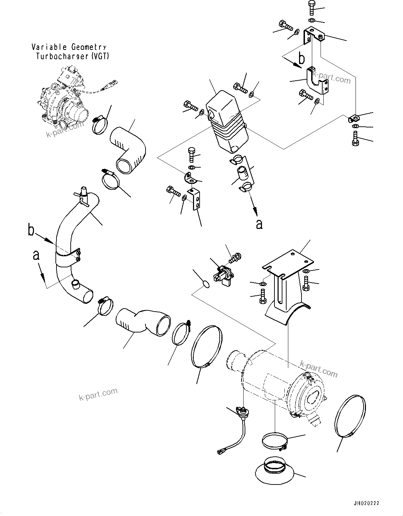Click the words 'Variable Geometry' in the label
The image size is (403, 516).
69,47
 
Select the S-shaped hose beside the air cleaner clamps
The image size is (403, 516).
142,322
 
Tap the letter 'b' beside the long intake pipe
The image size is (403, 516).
31,230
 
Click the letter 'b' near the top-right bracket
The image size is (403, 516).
302,59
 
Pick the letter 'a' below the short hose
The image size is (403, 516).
259,224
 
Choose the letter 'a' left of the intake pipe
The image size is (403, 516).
36,256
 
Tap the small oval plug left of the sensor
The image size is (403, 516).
205,284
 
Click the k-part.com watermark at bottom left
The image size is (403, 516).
98,394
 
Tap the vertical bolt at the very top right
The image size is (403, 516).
310,8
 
